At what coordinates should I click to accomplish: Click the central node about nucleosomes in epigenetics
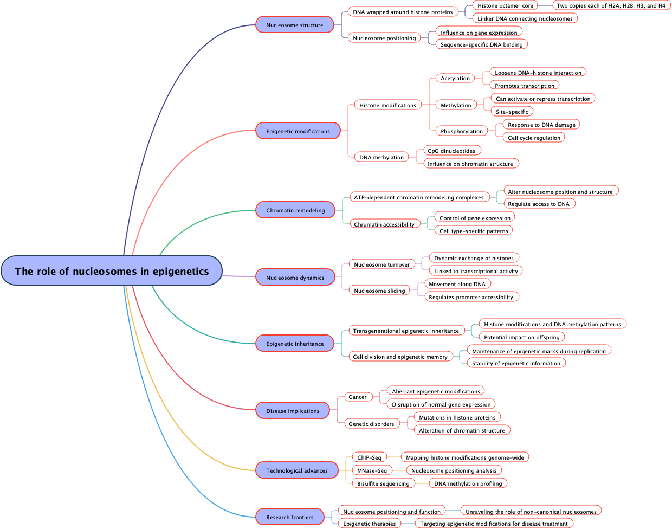click(x=112, y=270)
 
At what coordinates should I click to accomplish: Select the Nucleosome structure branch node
click(x=295, y=25)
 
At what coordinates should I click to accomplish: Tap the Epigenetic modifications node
click(x=298, y=131)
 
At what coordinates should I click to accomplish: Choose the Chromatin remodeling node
click(x=295, y=210)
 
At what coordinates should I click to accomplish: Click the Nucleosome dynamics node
click(x=295, y=278)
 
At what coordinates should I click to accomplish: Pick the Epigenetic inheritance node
click(x=295, y=344)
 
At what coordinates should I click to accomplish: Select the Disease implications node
click(x=293, y=411)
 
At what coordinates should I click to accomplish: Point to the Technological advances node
click(x=297, y=470)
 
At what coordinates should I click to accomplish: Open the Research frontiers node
click(x=290, y=517)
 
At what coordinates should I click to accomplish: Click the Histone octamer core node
click(x=505, y=5)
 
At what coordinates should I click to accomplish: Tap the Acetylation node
click(x=455, y=78)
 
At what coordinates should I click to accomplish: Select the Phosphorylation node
click(x=462, y=131)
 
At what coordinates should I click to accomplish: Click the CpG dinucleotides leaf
click(x=451, y=151)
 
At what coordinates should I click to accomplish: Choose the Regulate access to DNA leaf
click(x=539, y=204)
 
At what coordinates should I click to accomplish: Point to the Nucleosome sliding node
click(x=379, y=291)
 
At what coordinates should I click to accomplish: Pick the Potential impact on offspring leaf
click(x=522, y=337)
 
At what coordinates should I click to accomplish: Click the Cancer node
click(x=358, y=397)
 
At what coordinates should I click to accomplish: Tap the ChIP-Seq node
click(x=369, y=457)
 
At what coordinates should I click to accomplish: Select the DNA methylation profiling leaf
click(x=468, y=483)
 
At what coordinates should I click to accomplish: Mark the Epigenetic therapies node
click(x=370, y=524)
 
